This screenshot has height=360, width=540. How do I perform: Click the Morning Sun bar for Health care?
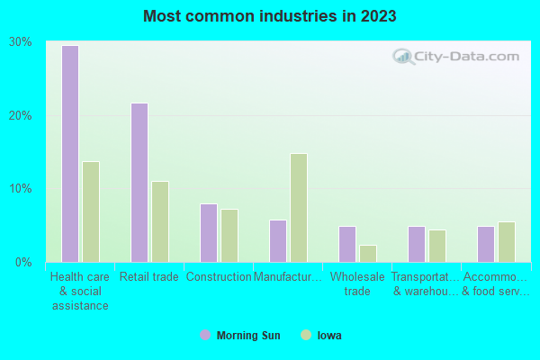(x=70, y=154)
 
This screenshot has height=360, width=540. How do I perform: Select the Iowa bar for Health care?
(x=91, y=211)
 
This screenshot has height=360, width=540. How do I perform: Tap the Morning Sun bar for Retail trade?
(x=139, y=183)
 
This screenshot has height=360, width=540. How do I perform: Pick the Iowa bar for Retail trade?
(x=160, y=221)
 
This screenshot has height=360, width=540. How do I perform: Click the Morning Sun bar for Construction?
(x=209, y=233)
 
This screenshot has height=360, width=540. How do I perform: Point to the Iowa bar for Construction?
(x=229, y=236)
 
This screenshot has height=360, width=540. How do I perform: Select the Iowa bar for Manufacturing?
(x=299, y=208)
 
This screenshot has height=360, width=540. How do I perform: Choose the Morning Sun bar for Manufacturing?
(x=278, y=241)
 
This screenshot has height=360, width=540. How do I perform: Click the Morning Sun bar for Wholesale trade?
(x=347, y=244)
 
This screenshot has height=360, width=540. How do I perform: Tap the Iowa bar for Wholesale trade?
(x=368, y=254)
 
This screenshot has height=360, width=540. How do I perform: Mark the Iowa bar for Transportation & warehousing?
(x=437, y=246)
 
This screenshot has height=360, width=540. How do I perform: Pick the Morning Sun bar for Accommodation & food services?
(x=486, y=244)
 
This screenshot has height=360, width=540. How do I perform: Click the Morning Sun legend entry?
(x=240, y=336)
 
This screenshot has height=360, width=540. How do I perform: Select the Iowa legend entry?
(x=322, y=336)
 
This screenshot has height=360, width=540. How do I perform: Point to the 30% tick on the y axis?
(x=21, y=42)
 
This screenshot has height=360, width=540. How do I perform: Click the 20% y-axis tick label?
(x=21, y=116)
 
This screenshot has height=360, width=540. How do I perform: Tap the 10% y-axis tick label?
(x=21, y=189)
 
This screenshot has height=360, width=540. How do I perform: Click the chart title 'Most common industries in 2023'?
(x=270, y=16)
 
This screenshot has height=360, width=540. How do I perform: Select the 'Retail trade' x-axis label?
(x=149, y=277)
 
